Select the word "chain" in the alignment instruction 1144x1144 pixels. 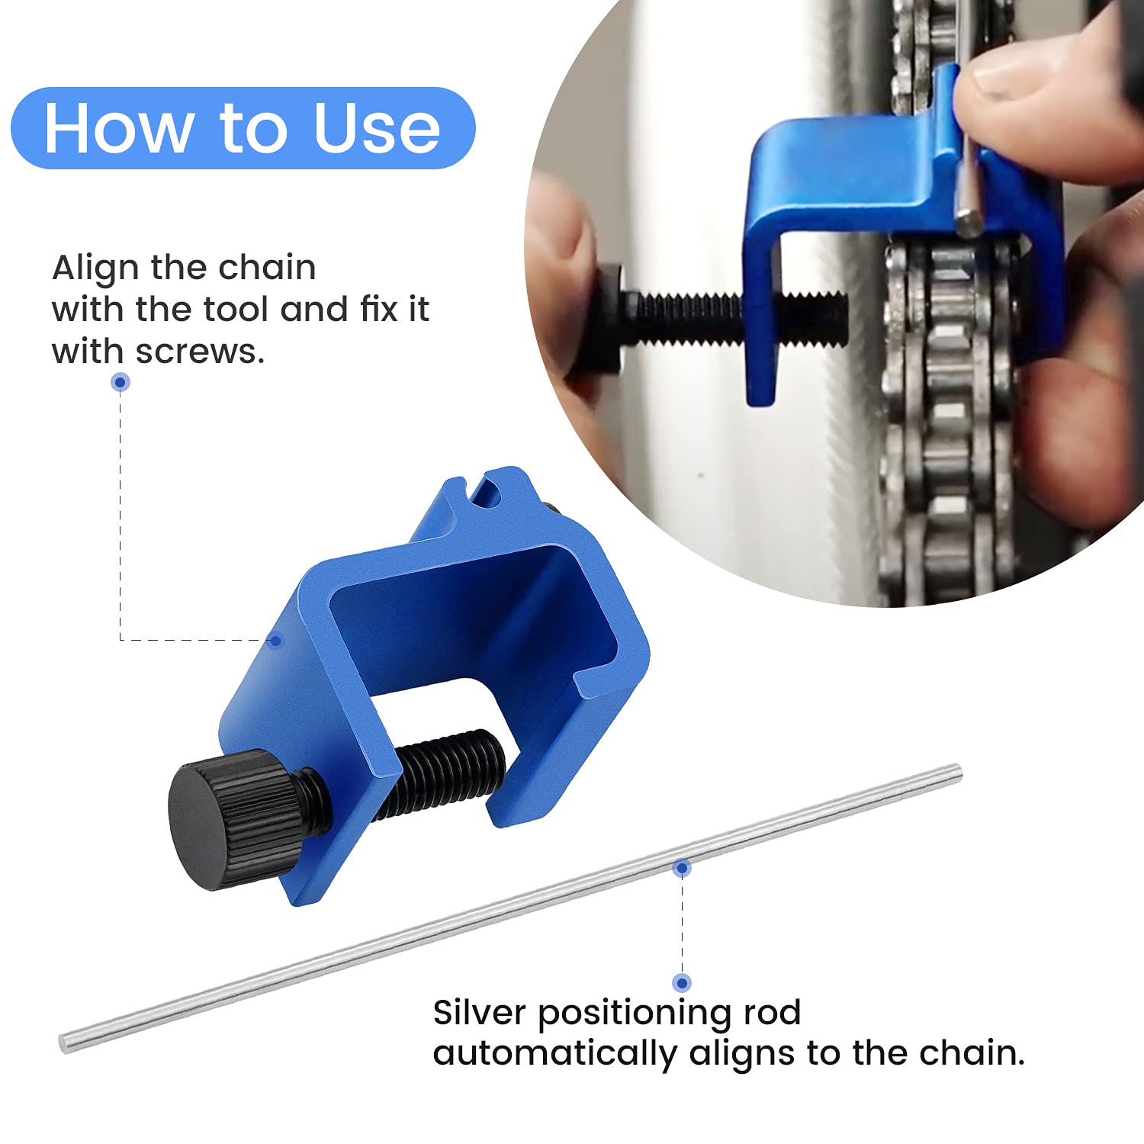266,268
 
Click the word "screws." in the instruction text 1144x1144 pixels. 200,352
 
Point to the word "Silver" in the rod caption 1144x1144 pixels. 479,1013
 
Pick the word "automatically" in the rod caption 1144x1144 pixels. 554,1054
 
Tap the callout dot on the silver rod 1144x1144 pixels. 682,868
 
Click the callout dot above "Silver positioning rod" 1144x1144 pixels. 682,982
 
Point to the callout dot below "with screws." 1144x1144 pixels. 121,382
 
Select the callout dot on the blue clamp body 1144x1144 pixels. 276,640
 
